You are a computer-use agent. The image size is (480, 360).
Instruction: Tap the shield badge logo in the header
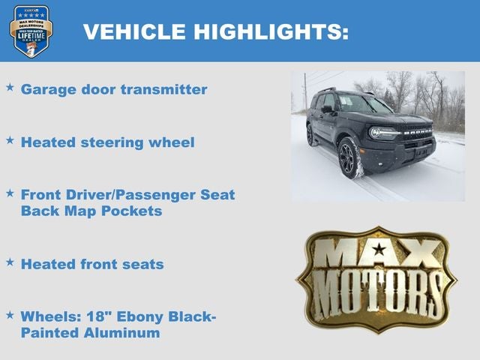pos(31,31)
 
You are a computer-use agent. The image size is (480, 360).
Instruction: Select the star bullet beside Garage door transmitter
pos(10,88)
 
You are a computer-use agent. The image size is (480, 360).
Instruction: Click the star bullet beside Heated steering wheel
pos(10,140)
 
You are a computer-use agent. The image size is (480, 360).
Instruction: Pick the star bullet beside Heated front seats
pos(10,262)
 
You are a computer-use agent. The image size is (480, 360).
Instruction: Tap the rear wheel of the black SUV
pos(310,135)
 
